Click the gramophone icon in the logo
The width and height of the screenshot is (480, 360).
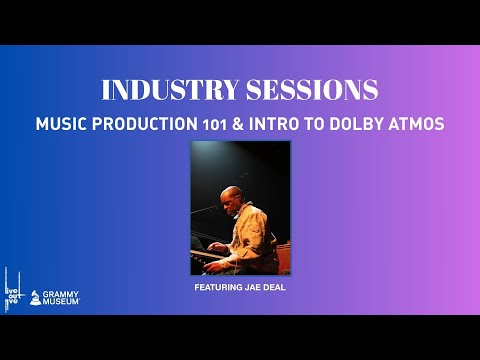click(35, 298)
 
